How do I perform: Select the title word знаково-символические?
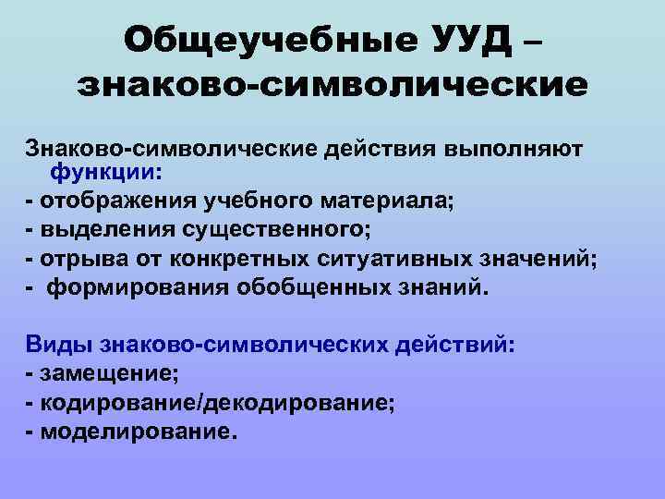pyautogui.click(x=332, y=84)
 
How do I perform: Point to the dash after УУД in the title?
pyautogui.click(x=531, y=41)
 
